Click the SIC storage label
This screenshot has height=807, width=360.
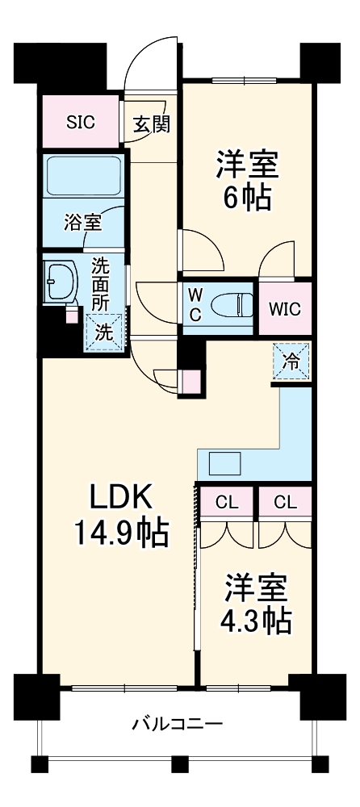pyautogui.click(x=80, y=123)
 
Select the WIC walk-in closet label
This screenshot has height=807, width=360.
pyautogui.click(x=284, y=308)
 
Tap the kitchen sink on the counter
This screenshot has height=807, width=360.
pyautogui.click(x=224, y=465)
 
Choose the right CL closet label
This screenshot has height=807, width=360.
pyautogui.click(x=285, y=502)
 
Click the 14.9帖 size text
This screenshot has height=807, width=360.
pyautogui.click(x=121, y=533)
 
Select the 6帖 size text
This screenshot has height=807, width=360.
pyautogui.click(x=246, y=198)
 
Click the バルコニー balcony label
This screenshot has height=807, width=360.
pyautogui.click(x=178, y=723)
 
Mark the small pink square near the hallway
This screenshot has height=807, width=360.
pyautogui.click(x=190, y=381)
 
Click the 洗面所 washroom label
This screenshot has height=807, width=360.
pyautogui.click(x=100, y=284)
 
